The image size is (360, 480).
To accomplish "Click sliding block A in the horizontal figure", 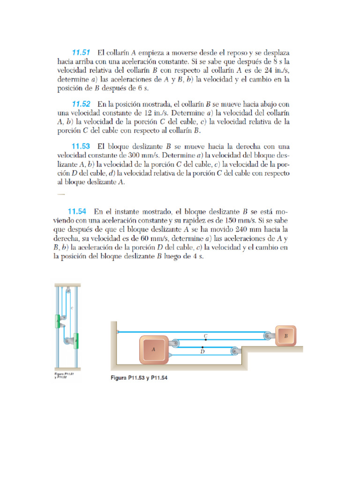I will [154, 350].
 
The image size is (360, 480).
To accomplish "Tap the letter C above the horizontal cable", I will [205, 336].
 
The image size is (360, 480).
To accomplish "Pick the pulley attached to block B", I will [267, 335].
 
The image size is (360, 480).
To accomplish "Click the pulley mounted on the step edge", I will [234, 350].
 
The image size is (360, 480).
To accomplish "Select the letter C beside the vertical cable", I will [72, 308].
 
